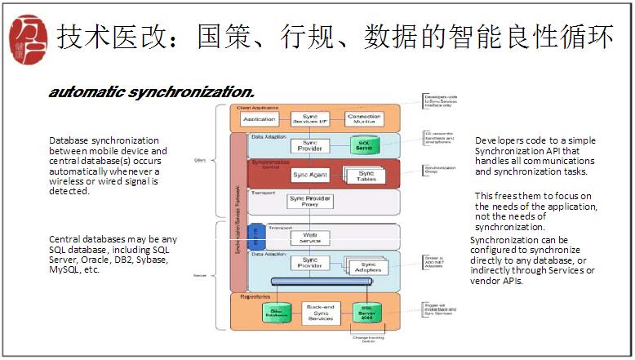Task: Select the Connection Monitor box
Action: point(363,119)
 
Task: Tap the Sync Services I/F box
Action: point(310,119)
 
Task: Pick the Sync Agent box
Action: point(311,175)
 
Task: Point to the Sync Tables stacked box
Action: point(365,176)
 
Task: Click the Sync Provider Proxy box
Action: point(310,201)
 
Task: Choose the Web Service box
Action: point(310,237)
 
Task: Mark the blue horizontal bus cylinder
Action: point(326,282)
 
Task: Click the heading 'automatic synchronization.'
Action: point(152,91)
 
